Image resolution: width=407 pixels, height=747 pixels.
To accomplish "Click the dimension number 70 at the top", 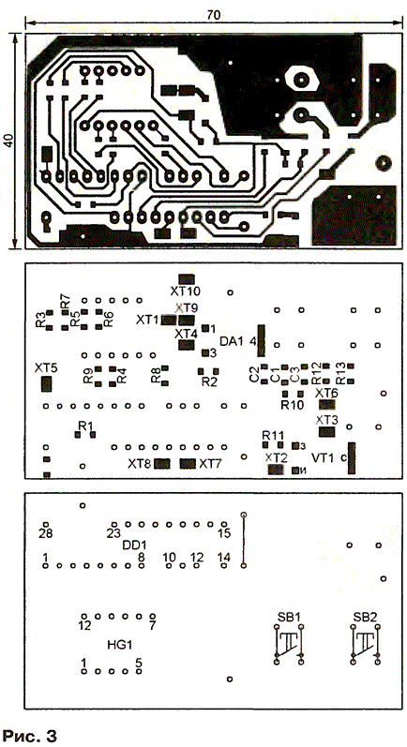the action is click(x=214, y=15).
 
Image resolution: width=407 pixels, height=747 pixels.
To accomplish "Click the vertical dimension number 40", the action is click(x=10, y=141).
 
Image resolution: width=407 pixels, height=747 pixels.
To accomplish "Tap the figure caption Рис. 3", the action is click(x=30, y=736).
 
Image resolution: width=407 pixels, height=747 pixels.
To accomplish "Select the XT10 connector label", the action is click(x=186, y=291).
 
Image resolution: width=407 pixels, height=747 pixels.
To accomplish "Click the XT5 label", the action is click(x=46, y=367).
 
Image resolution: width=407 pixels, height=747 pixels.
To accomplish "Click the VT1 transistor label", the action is click(x=323, y=457).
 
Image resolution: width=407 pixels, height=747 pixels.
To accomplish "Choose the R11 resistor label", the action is click(x=273, y=435).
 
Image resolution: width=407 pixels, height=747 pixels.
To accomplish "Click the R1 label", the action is click(x=85, y=425).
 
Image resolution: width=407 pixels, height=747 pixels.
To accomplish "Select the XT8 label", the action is click(x=139, y=463).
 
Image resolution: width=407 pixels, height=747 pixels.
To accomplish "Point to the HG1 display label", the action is click(x=120, y=645).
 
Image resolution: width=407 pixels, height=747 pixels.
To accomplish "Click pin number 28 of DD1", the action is click(x=45, y=533).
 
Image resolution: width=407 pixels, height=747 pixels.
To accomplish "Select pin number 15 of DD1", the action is click(x=224, y=533).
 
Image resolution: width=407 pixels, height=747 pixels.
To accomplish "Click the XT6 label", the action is click(x=327, y=393).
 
